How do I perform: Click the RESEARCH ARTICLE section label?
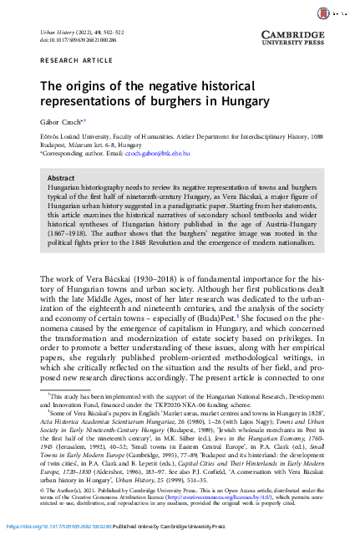(69, 62)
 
